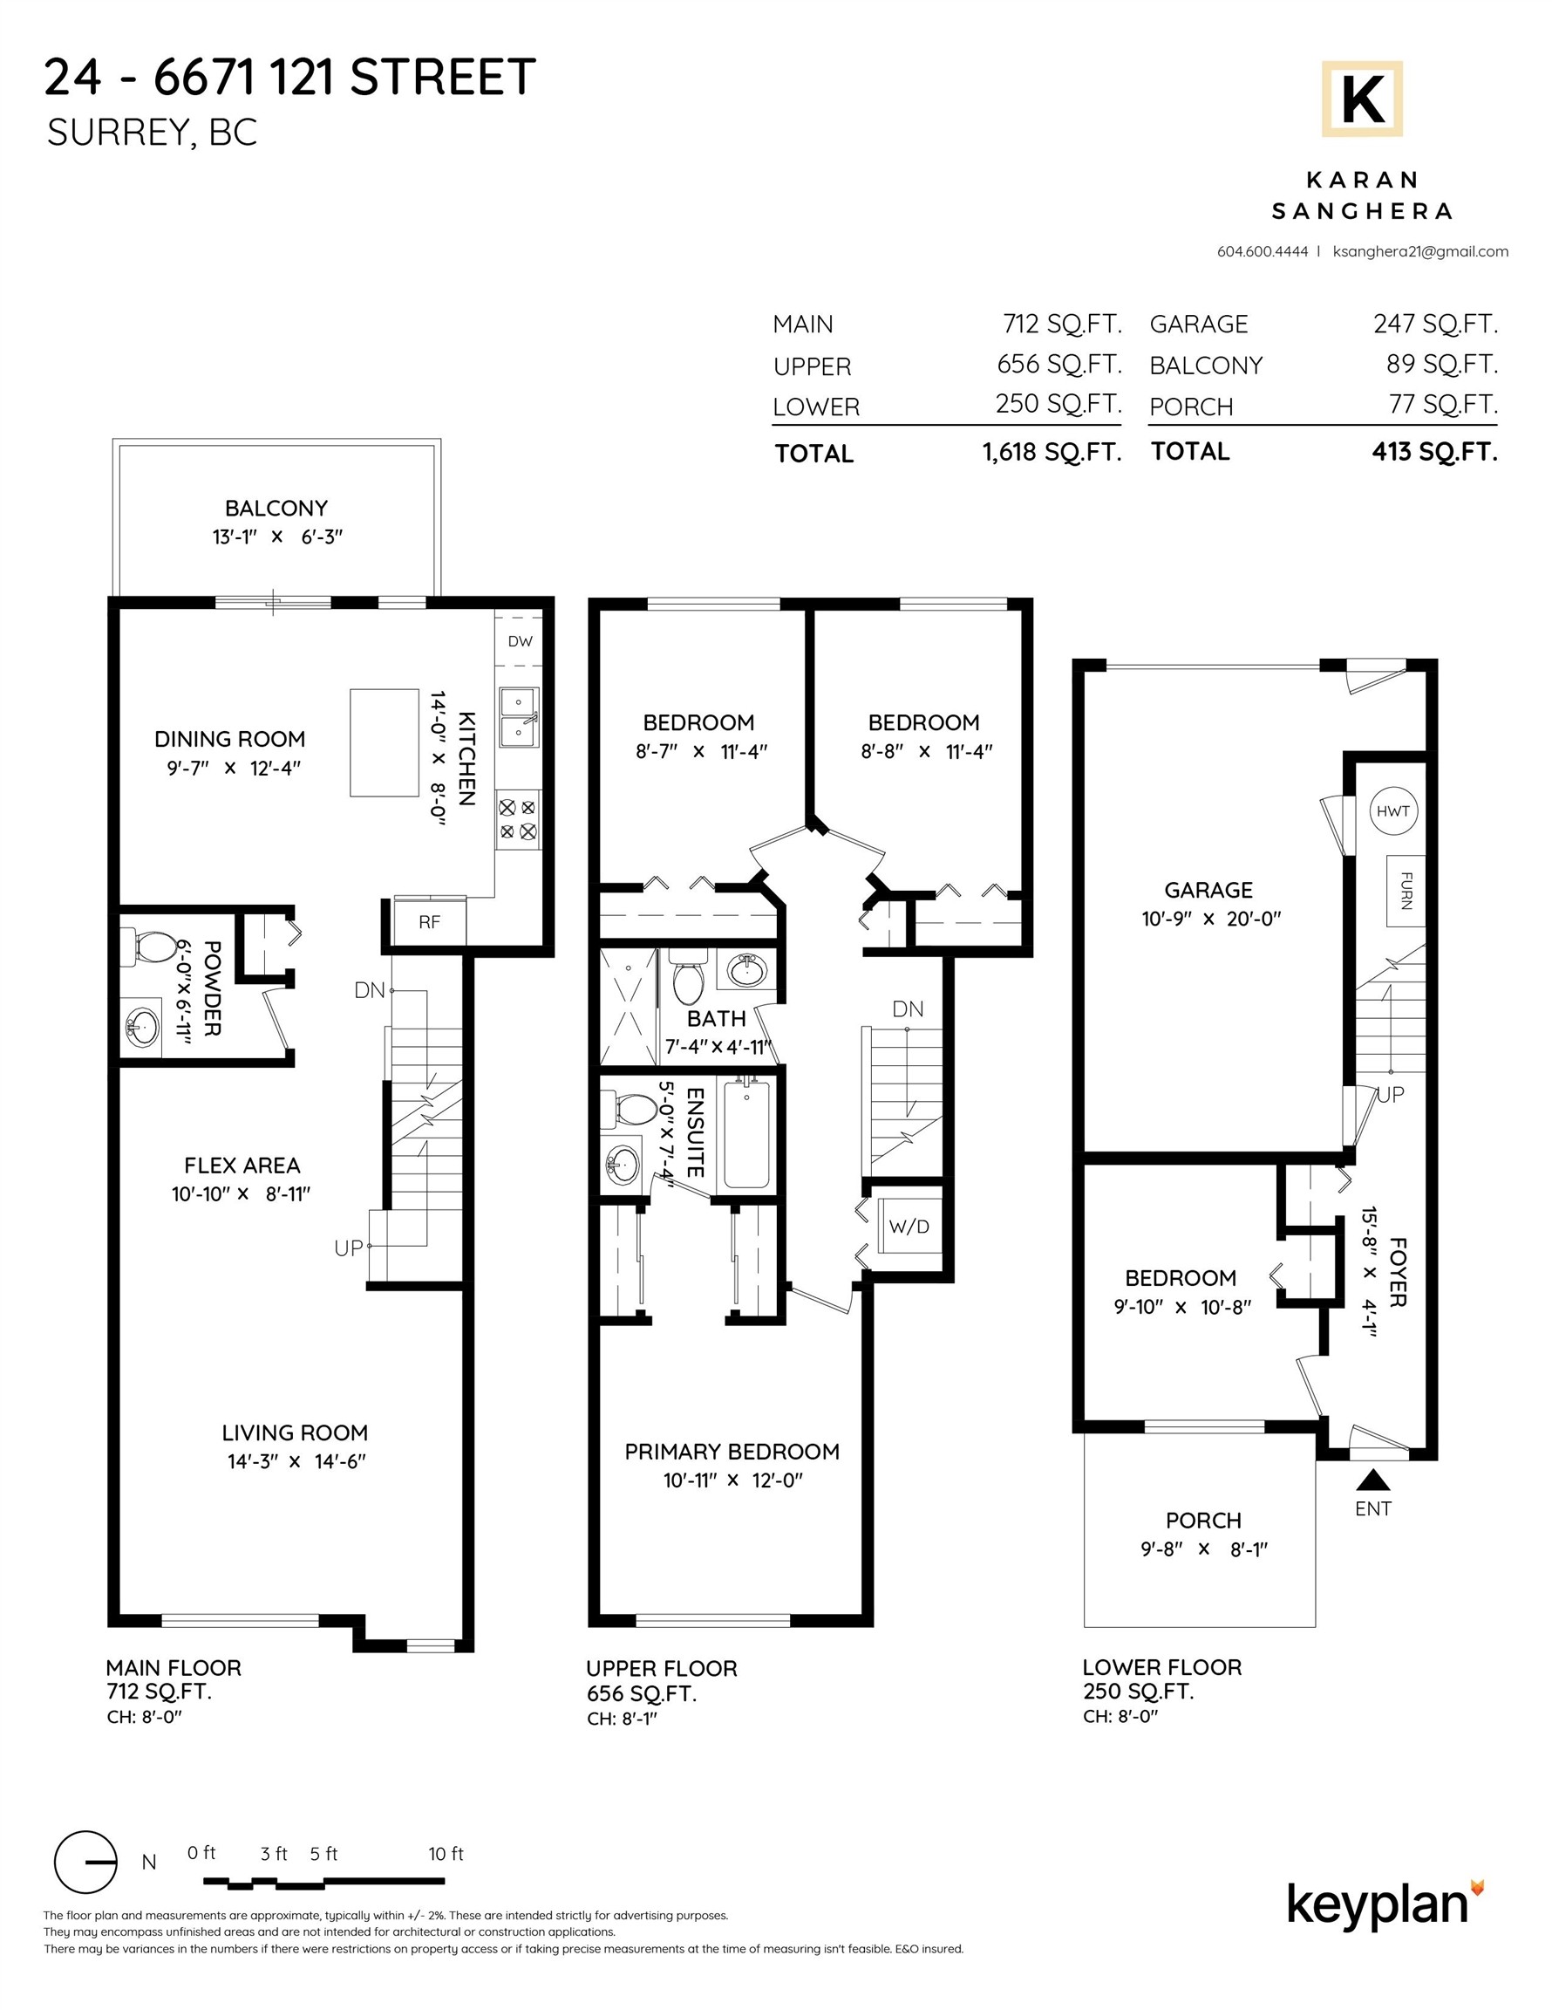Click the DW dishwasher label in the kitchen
(520, 641)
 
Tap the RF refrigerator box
(429, 922)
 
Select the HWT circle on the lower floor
(1392, 811)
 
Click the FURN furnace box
(1406, 891)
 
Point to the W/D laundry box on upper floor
(909, 1227)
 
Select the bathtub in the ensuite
(746, 1136)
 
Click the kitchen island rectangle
(385, 742)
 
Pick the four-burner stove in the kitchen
(518, 819)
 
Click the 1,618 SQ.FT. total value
(1052, 452)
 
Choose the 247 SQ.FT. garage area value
(1435, 324)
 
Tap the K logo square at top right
(1362, 99)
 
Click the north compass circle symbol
(85, 1863)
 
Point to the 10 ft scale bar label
(446, 1854)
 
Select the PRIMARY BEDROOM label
(732, 1452)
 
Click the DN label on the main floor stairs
(369, 990)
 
